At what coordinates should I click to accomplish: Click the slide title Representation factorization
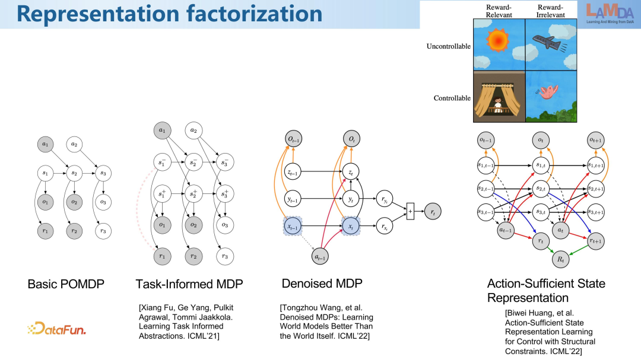[169, 14]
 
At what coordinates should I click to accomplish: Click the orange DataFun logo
[56, 328]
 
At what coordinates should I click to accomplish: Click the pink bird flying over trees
[548, 90]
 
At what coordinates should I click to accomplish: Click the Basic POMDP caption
[66, 284]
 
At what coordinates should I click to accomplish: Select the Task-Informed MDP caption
[189, 284]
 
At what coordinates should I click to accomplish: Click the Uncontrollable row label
[448, 46]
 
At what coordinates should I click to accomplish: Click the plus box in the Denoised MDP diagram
[410, 211]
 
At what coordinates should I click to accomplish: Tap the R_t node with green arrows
[559, 259]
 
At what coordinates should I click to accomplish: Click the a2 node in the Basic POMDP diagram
[74, 144]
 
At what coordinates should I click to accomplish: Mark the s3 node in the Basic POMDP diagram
[104, 174]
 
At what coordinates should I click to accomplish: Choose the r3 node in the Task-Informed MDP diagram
[224, 256]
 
